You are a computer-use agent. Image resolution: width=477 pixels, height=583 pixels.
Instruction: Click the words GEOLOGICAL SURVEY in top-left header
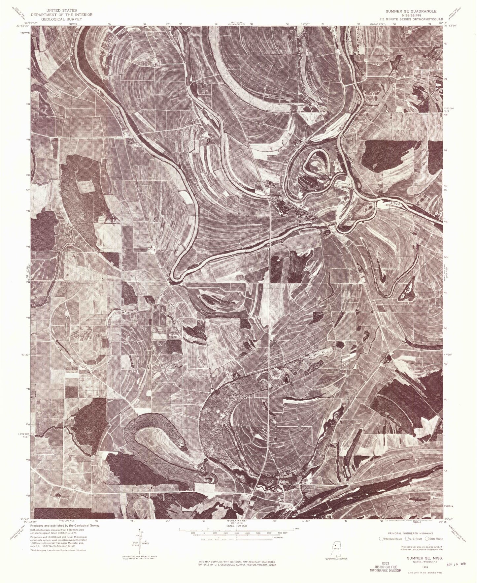(x=62, y=19)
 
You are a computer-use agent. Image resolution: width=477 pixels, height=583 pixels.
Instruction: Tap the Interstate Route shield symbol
(x=381, y=539)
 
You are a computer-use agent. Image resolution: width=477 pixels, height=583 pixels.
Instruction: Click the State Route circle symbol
(x=427, y=539)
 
